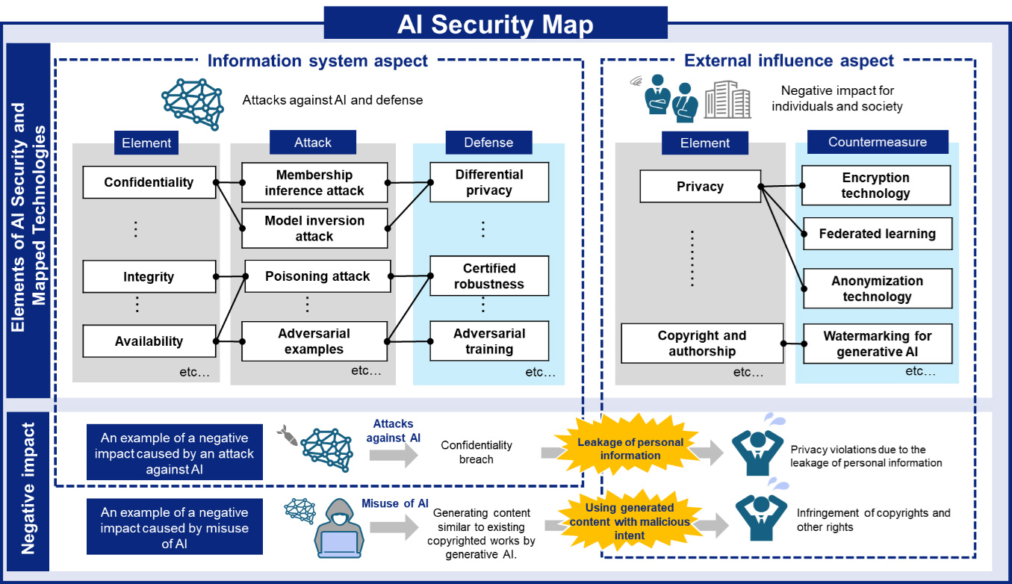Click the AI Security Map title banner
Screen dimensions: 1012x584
(x=496, y=22)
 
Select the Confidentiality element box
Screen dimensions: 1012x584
(x=149, y=182)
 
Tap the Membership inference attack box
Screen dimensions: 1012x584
(x=314, y=182)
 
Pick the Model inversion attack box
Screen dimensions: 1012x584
(x=314, y=228)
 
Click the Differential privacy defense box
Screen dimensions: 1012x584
(x=489, y=182)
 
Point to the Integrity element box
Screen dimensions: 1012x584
(x=149, y=276)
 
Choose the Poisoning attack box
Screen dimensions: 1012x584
(x=317, y=276)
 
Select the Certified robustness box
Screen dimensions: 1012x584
(x=489, y=276)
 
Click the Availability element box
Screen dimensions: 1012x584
(x=149, y=341)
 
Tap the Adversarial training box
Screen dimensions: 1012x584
(x=489, y=341)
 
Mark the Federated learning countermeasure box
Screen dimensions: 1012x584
(x=878, y=234)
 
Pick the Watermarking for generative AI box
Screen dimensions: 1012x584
(x=878, y=344)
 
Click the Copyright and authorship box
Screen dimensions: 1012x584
(x=702, y=344)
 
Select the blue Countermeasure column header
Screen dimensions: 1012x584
(x=878, y=142)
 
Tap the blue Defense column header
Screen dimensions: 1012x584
(x=489, y=143)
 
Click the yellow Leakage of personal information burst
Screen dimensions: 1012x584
(x=630, y=447)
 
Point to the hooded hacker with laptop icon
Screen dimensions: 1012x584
(x=339, y=529)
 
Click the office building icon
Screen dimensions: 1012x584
(x=727, y=100)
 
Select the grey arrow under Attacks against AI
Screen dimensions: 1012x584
(x=394, y=455)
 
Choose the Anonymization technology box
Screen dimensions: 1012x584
(x=878, y=288)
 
